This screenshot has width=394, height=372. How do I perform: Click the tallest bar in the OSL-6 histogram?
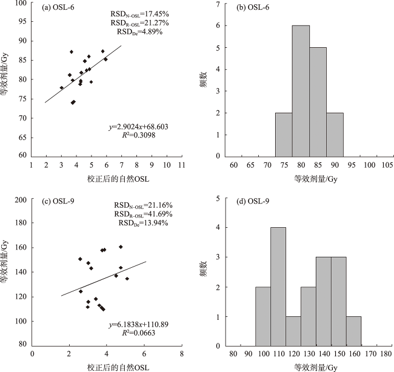(301, 91)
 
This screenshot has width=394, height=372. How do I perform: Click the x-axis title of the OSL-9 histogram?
(301, 367)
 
